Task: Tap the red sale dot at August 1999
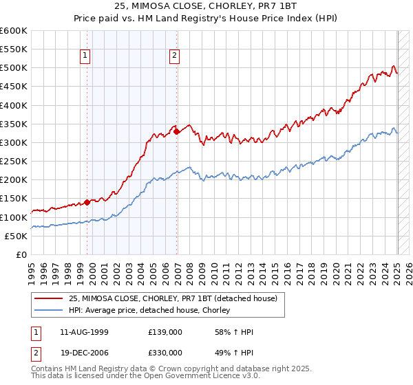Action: (87, 202)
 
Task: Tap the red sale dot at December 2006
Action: (177, 131)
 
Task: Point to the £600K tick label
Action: (14, 31)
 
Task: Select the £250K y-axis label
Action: (14, 161)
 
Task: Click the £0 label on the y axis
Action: (21, 254)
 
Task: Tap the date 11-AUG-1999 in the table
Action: (84, 332)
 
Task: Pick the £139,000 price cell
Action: (165, 332)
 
